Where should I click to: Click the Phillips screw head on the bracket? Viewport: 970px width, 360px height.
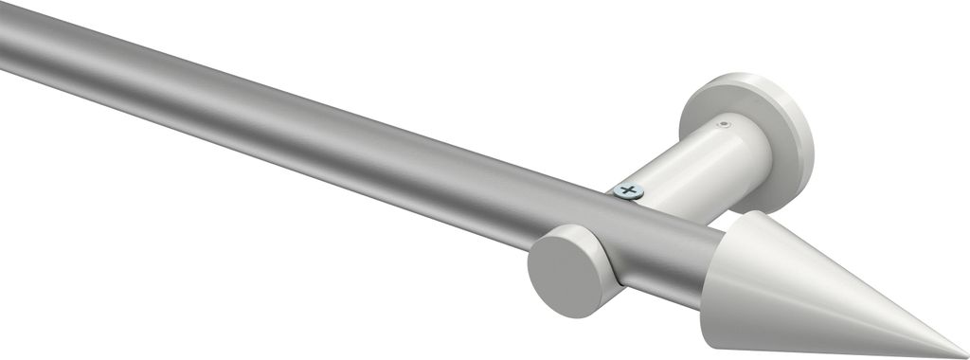point(627,191)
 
